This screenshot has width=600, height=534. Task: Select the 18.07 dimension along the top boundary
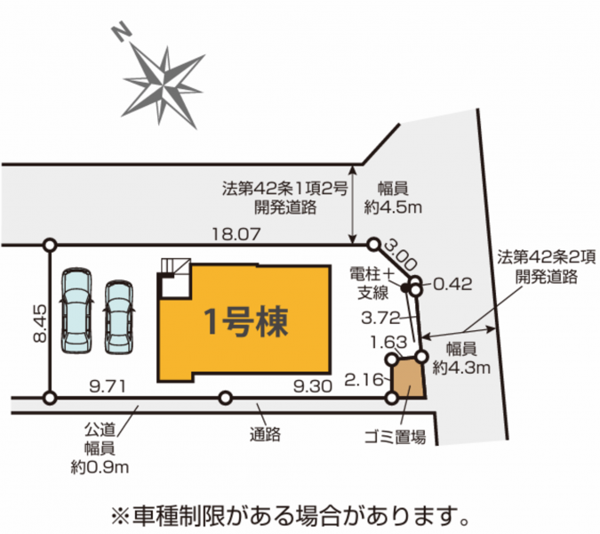(236, 234)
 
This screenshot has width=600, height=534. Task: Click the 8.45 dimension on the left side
(40, 323)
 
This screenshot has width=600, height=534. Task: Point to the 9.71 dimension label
(108, 386)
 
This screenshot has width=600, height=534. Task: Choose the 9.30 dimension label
(313, 386)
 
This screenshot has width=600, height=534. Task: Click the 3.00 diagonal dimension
(400, 254)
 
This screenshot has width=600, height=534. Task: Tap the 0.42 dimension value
(453, 284)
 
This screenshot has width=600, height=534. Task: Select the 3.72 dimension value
(380, 318)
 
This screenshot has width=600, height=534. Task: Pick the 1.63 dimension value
(388, 342)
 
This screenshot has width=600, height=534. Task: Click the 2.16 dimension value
(364, 380)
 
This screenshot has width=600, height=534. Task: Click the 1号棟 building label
(245, 322)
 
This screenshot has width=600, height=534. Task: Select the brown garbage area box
(409, 377)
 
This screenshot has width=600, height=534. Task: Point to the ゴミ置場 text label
(395, 436)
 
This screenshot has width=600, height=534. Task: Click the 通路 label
(265, 434)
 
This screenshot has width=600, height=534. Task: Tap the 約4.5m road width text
(393, 207)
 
